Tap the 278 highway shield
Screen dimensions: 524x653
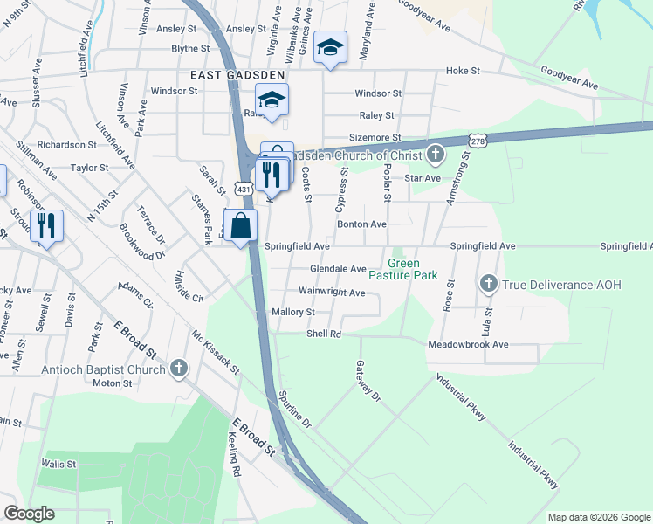click(477, 140)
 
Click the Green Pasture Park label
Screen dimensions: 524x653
click(413, 269)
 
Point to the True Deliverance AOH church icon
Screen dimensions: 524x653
click(488, 284)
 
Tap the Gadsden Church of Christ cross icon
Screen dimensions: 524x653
click(436, 155)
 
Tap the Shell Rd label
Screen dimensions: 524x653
click(323, 334)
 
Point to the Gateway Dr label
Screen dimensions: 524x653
click(369, 381)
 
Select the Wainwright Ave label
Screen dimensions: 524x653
click(332, 292)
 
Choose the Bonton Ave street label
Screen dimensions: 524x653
click(361, 224)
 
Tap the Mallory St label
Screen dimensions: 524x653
click(292, 312)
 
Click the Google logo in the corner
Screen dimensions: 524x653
click(29, 514)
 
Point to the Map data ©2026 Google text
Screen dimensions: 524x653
click(599, 517)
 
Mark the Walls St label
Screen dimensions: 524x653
click(59, 464)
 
